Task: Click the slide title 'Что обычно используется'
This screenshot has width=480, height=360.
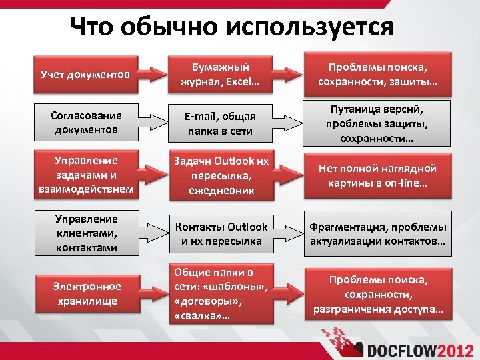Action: point(231,27)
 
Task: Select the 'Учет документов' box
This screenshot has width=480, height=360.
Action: point(85,74)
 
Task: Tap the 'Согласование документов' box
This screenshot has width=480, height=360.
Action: point(85,122)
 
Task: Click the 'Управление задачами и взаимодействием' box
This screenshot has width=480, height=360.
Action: point(85,175)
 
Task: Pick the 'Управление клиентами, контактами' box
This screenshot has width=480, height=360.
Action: point(85,233)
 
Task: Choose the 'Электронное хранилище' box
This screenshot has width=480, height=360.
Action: point(85,293)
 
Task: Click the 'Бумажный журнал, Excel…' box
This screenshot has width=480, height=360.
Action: point(220,74)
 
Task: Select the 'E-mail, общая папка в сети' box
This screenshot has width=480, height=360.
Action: point(220,123)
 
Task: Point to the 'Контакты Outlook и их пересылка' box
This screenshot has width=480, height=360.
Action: point(220,233)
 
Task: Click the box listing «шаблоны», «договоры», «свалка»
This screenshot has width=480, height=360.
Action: point(220,293)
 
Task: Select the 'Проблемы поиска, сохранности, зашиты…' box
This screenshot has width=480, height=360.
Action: point(377,74)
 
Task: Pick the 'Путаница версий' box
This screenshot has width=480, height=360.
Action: point(377,122)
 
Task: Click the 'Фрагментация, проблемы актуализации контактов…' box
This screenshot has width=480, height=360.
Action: point(377,233)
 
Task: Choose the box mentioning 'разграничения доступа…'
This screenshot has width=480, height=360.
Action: point(377,293)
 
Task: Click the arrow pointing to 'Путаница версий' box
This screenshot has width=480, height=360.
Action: point(287,122)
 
